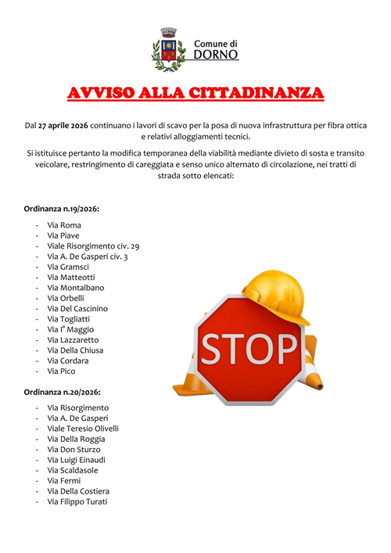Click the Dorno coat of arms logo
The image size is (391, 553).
[x=167, y=48]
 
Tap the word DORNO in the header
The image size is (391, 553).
[x=215, y=56]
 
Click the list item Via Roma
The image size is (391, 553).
[x=63, y=225]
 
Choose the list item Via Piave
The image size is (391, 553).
[x=63, y=235]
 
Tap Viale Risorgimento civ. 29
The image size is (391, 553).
[x=93, y=246]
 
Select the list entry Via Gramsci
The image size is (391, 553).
[x=69, y=267]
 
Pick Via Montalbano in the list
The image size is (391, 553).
[x=75, y=288]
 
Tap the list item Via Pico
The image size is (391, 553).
[x=62, y=372]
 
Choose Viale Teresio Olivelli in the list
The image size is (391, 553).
[x=83, y=429]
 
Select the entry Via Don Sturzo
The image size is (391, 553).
[x=74, y=450]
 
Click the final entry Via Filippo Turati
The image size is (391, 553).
[x=77, y=502]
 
